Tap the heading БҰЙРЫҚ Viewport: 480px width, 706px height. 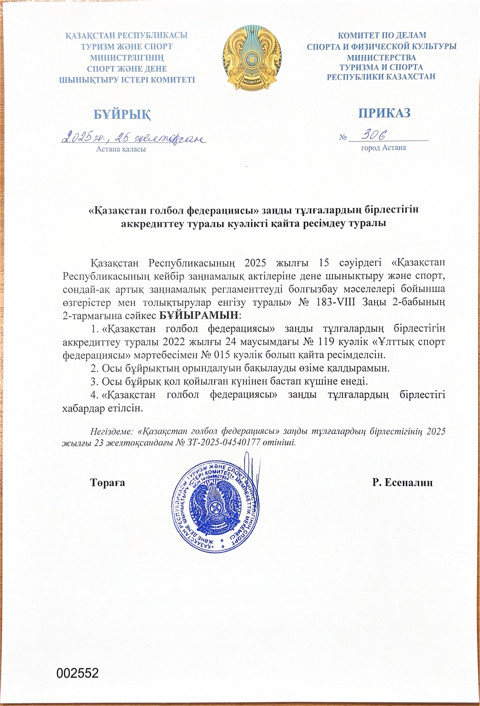(x=122, y=114)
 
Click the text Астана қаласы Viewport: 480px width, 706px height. (x=121, y=149)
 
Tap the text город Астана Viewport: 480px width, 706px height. (x=383, y=148)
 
